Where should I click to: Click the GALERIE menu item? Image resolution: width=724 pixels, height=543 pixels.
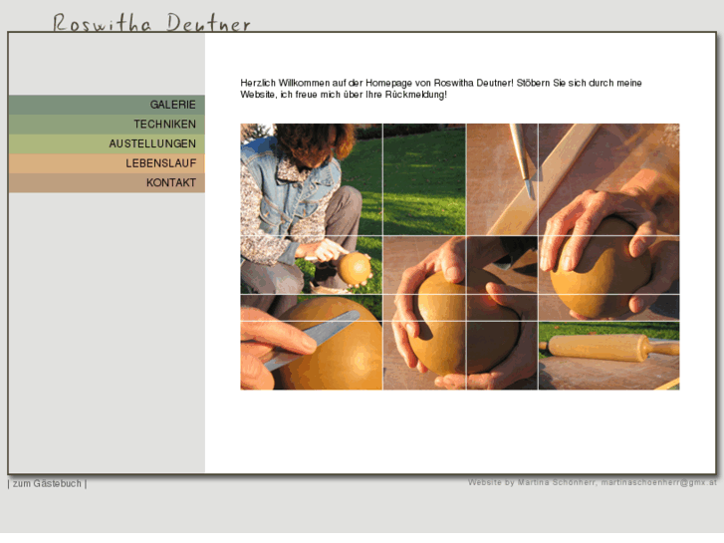coord(172,105)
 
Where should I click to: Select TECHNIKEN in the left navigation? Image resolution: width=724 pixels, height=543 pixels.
coord(164,125)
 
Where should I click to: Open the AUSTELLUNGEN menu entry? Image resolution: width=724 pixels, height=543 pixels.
coord(152,143)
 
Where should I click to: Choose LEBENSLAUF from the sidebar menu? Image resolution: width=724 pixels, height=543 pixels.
coord(160,163)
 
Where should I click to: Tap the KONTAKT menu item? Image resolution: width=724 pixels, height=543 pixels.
coord(170,183)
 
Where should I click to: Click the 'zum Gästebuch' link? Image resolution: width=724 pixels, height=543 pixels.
coord(47,483)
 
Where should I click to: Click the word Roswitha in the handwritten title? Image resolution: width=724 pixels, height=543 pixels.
coord(102,23)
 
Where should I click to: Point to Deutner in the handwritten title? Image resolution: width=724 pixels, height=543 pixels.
coord(208,23)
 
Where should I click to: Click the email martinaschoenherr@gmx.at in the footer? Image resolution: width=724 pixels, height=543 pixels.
coord(658,482)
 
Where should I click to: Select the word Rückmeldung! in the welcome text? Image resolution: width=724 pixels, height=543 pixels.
coord(415,95)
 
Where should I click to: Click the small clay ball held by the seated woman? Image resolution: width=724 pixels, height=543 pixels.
coord(355,267)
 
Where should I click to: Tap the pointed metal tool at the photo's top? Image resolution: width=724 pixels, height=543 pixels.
coord(523,159)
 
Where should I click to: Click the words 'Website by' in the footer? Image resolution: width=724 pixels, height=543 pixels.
coord(490,482)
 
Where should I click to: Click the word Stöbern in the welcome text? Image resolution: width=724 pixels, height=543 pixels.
coord(535,83)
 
